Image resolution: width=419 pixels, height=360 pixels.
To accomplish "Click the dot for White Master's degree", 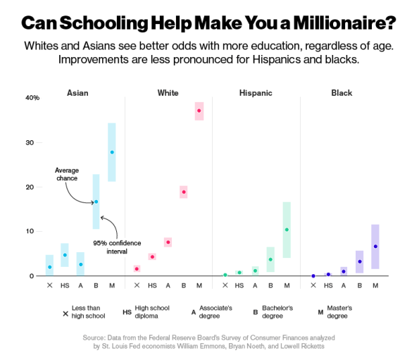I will pos(199,111).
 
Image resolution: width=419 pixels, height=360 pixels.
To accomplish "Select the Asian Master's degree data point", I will pos(112,152).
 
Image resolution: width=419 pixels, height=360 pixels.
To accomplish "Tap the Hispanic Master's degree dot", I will pos(287,230).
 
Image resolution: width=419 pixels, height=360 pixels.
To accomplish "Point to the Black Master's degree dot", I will pos(375,247).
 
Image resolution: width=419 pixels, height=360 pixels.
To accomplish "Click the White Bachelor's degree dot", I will pos(184,192).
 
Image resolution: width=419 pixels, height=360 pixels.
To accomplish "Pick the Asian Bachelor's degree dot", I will pos(96,201).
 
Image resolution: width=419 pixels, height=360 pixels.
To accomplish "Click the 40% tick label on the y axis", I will pos(32,98).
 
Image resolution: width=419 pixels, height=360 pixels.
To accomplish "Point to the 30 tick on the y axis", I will pos(30,142).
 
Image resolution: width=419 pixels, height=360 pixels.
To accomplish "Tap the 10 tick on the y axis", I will pos(30,231).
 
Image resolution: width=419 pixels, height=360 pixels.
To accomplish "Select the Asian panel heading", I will pos(77,93).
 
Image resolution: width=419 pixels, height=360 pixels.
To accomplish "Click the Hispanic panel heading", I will pos(254,93).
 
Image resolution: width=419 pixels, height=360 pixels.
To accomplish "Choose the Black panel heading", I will pos(342,93).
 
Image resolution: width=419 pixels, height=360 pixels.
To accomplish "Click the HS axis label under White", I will pos(153,285).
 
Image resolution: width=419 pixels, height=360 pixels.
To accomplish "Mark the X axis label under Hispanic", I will pos(225,285).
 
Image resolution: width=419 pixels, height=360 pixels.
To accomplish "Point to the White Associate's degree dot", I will pos(168,242).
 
